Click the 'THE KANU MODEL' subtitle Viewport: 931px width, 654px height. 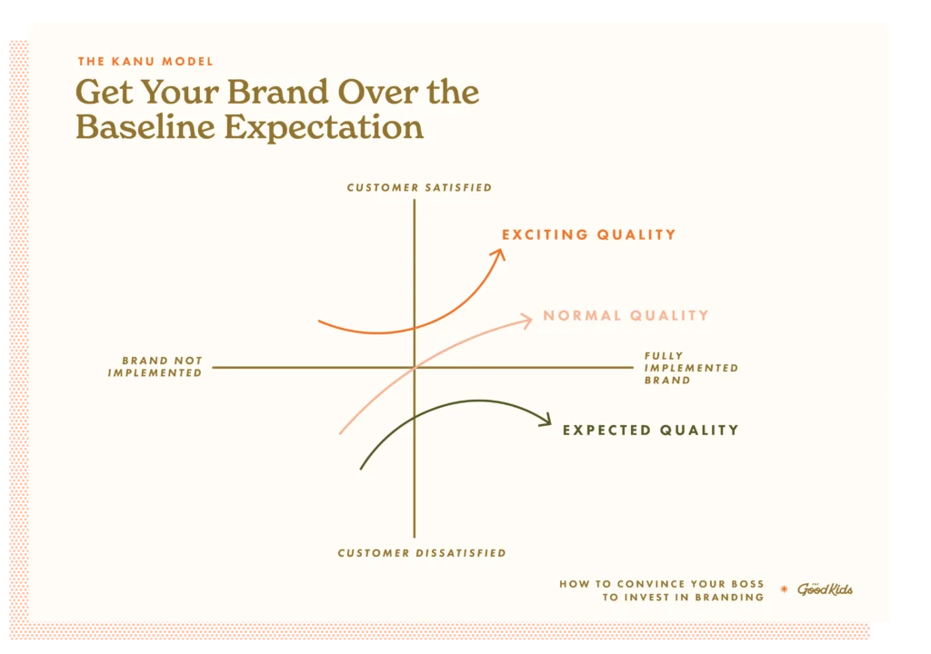click(145, 61)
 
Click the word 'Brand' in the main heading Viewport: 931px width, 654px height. click(277, 93)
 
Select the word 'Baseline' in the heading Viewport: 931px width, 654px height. click(145, 127)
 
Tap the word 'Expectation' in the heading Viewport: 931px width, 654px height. click(324, 127)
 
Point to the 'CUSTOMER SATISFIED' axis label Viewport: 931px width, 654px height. click(419, 187)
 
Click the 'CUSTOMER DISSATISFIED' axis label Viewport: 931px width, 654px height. click(422, 553)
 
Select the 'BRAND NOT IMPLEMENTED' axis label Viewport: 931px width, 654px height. click(155, 367)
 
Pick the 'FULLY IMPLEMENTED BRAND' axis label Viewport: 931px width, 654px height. click(691, 368)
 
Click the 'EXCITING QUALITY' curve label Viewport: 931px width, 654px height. click(589, 235)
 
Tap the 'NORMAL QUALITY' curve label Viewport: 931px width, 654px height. click(626, 316)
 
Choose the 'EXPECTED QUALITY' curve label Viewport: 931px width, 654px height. click(651, 431)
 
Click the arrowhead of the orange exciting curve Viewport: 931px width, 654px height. click(499, 254)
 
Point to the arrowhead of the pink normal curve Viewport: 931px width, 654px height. click(526, 321)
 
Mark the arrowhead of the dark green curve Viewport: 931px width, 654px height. click(546, 421)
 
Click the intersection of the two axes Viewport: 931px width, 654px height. click(415, 367)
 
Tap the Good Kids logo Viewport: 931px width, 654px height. click(825, 589)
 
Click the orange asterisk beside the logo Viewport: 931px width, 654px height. click(784, 590)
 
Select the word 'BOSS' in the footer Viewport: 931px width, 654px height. click(747, 584)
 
